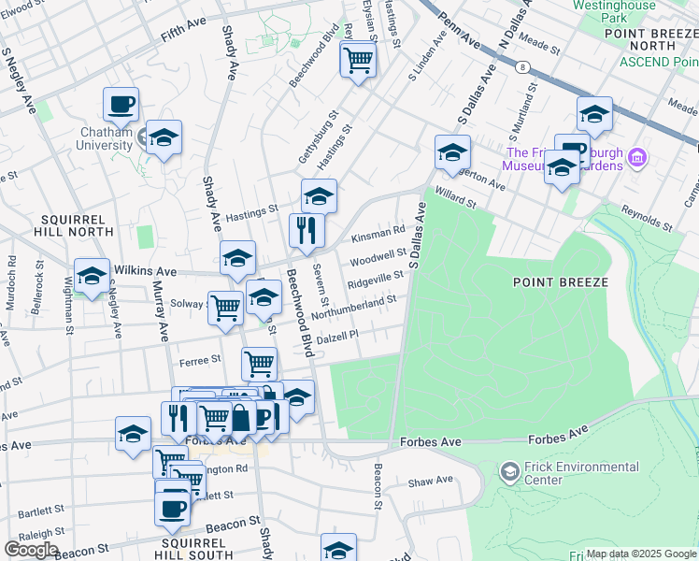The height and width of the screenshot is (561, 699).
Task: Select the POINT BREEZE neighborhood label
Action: [560, 281]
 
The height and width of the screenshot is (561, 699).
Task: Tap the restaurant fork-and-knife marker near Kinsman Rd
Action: [307, 229]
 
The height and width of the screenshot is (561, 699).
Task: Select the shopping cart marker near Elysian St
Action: [358, 60]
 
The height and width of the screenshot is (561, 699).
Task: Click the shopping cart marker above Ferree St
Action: [259, 363]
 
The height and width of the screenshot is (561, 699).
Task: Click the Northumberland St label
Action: [354, 307]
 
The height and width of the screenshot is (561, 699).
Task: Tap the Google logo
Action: [30, 550]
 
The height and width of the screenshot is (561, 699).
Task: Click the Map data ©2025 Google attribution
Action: [640, 554]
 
